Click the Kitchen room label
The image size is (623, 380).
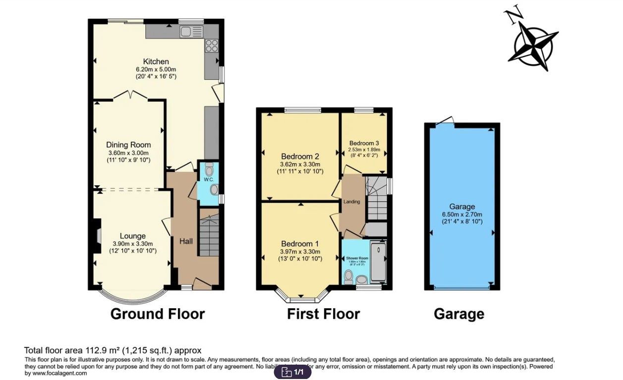(x=156, y=61)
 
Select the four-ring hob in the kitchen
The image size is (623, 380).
(x=212, y=46)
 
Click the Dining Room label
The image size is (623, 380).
(x=128, y=145)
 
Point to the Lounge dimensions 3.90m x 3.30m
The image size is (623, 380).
(x=133, y=244)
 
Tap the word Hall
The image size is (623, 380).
(x=186, y=241)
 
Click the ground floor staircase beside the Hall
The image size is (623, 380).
(x=210, y=233)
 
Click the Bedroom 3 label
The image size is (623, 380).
(x=364, y=143)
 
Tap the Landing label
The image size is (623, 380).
(x=352, y=202)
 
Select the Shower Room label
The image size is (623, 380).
(x=357, y=259)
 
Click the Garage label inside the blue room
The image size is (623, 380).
(x=462, y=207)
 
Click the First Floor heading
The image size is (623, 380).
(x=323, y=314)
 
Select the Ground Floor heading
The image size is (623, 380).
(x=157, y=314)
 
